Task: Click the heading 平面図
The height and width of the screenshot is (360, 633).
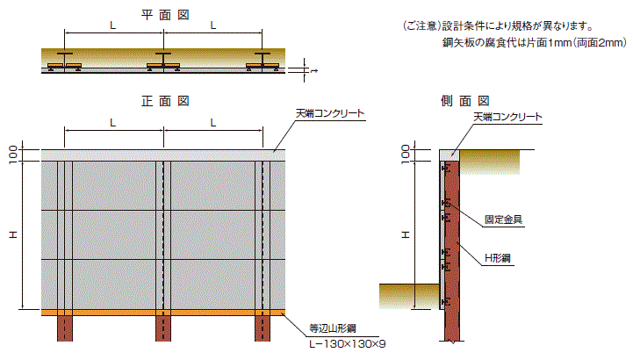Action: tap(165, 15)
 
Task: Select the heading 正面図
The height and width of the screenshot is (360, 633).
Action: tap(165, 101)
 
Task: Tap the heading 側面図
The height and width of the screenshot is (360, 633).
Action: tap(465, 101)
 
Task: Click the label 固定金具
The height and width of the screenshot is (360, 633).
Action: tap(503, 220)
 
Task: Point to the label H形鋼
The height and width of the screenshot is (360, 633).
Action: tap(497, 258)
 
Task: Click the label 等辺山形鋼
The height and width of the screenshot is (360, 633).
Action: tap(333, 328)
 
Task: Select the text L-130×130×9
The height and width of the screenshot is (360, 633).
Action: tap(347, 344)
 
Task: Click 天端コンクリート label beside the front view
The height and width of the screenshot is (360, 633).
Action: tap(330, 113)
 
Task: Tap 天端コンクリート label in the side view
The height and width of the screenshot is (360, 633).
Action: tap(507, 117)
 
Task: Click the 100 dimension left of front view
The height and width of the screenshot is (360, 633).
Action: tap(13, 155)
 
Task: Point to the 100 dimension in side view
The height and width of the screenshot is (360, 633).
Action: tap(406, 155)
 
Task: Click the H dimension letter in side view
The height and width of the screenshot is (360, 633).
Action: tap(406, 234)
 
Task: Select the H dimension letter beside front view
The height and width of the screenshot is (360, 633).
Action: tap(13, 234)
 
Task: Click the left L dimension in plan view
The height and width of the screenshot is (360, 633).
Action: tap(113, 25)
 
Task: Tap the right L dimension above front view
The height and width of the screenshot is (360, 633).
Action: tap(213, 123)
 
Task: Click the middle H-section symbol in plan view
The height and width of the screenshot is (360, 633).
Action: tap(163, 61)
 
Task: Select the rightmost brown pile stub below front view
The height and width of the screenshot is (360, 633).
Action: tap(263, 328)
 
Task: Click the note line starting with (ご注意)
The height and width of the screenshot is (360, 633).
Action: tap(498, 26)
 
